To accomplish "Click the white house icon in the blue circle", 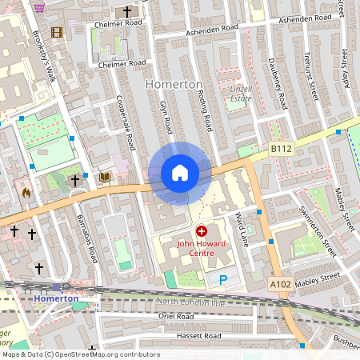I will pyautogui.click(x=180, y=173).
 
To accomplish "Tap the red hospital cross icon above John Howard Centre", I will pyautogui.click(x=201, y=230).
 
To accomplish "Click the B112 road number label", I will pyautogui.click(x=281, y=148).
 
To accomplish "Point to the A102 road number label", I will pyautogui.click(x=280, y=283).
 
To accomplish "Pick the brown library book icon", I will pyautogui.click(x=103, y=177).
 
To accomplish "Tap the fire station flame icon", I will pyautogui.click(x=26, y=192).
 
